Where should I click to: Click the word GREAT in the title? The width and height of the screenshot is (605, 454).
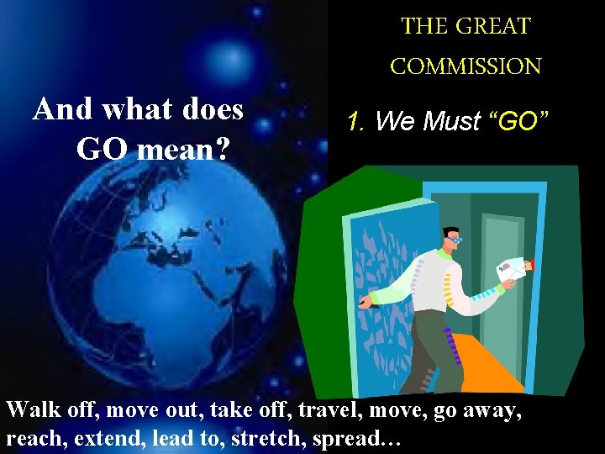click(x=496, y=26)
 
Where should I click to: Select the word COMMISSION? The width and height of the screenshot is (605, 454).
click(x=466, y=66)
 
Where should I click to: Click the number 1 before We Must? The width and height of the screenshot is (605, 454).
click(x=354, y=122)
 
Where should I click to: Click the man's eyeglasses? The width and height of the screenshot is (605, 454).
click(x=455, y=240)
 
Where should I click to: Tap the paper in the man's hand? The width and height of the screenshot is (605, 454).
click(x=511, y=268)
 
